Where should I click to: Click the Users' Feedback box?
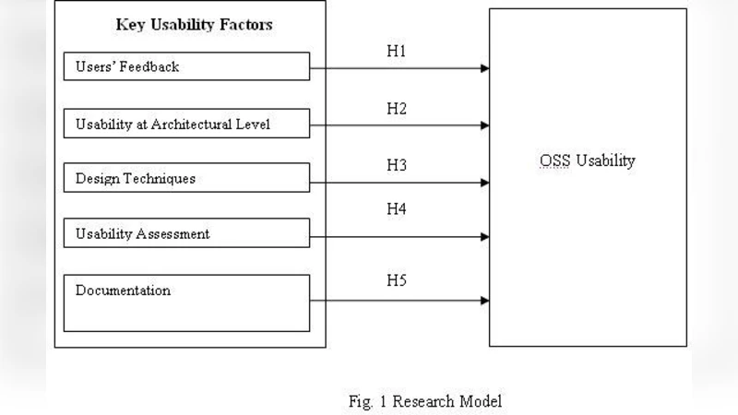[187, 66]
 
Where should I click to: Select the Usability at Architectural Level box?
[187, 124]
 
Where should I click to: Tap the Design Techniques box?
[187, 178]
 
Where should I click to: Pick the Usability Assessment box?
[187, 234]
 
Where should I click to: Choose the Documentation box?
[187, 302]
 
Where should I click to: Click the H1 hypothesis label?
[396, 52]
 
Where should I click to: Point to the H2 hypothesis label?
[396, 110]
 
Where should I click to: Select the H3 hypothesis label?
[396, 166]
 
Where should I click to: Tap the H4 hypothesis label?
[396, 208]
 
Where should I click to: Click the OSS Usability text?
[588, 160]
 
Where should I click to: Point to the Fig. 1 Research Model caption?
[424, 401]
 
